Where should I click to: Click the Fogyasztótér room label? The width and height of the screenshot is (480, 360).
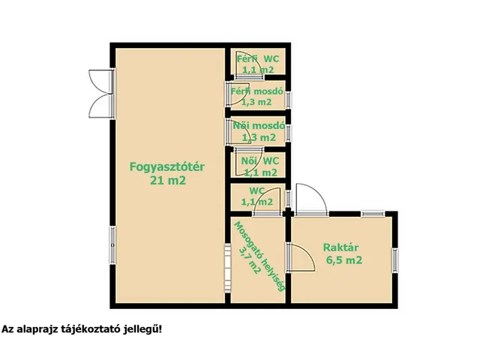168,167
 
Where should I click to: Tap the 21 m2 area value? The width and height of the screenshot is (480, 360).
168,180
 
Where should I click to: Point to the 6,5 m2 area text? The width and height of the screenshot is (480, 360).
344,261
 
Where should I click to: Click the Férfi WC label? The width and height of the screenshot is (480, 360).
256,58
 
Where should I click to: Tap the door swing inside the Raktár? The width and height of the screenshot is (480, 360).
301,256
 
